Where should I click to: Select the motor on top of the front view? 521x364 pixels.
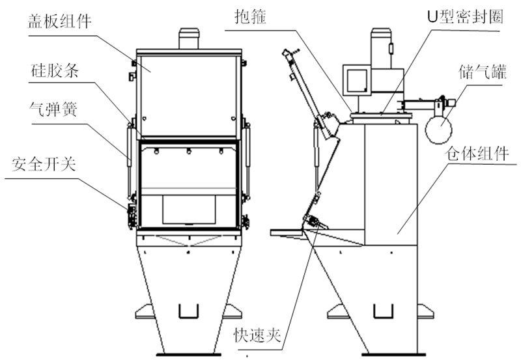(x=190, y=39)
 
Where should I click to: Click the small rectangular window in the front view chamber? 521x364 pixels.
(x=188, y=209)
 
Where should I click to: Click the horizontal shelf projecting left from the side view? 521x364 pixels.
(x=287, y=231)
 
